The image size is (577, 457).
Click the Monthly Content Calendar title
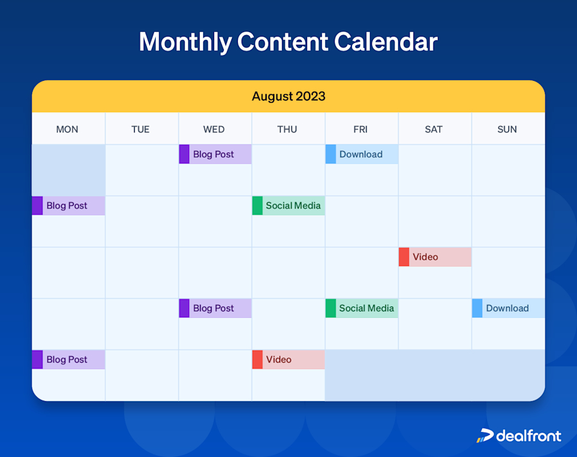point(288,42)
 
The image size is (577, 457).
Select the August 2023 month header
point(288,97)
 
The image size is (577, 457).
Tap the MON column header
point(67,129)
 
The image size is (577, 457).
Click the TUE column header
point(140,129)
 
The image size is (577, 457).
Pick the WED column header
point(213,129)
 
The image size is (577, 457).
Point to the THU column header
point(287,129)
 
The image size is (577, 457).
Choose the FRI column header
point(360,129)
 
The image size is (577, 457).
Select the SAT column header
point(433,129)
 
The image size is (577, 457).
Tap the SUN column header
point(506,129)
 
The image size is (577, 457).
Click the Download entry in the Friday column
point(362,154)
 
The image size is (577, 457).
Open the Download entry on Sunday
point(508,308)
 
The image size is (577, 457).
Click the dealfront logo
point(519,436)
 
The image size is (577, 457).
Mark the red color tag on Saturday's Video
point(404,257)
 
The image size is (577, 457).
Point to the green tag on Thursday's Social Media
point(257,206)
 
